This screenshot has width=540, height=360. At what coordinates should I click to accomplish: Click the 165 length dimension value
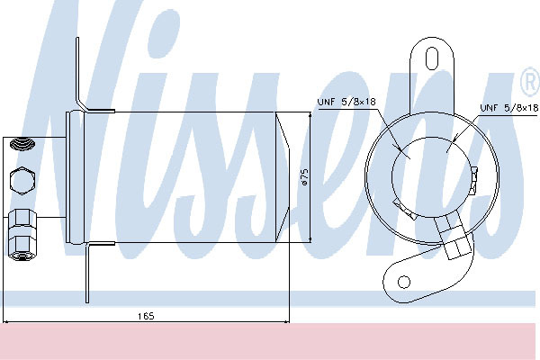[146, 316]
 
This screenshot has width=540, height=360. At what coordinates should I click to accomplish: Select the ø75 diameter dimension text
[304, 176]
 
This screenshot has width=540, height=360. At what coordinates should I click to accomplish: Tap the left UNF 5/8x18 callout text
[346, 102]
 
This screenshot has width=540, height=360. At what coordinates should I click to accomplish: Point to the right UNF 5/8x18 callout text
[509, 108]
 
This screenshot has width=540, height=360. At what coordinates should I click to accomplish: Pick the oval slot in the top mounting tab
[432, 58]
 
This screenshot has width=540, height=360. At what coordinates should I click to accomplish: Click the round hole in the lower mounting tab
[404, 282]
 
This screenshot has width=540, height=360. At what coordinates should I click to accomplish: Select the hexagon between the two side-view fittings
[22, 181]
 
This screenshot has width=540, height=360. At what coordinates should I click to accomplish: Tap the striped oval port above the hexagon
[22, 143]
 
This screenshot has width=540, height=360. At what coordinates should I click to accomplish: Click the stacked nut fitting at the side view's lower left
[22, 234]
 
